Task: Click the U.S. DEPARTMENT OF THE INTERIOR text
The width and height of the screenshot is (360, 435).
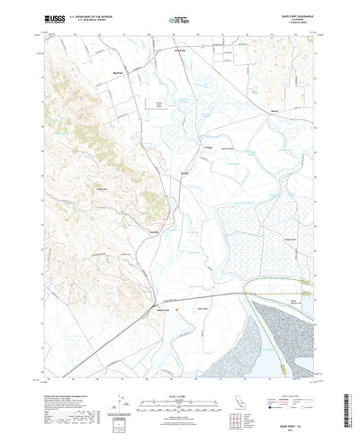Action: pyautogui.click(x=89, y=14)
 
